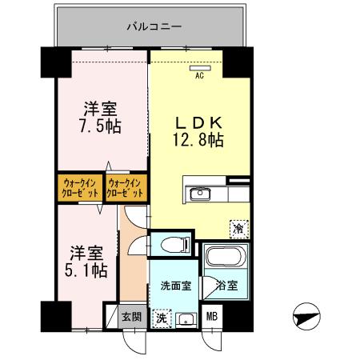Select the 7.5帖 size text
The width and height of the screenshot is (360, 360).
click(101, 126)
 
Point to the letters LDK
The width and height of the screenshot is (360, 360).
click(198, 123)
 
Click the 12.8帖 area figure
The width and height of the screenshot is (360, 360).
click(198, 141)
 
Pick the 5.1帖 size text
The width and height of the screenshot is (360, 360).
click(86, 270)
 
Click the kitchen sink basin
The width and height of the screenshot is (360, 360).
click(198, 194)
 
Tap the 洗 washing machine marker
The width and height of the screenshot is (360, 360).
click(162, 317)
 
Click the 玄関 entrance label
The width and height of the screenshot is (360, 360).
click(131, 316)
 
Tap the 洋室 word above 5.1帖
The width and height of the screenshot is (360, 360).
click(86, 252)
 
